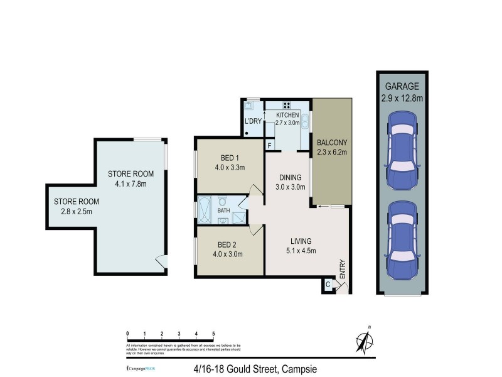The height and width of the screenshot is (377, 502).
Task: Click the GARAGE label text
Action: [x=402, y=86]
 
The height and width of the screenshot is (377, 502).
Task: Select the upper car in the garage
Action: [x=402, y=150]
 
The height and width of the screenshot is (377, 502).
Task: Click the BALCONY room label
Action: [x=332, y=142]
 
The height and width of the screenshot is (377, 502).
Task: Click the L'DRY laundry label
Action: [x=253, y=121]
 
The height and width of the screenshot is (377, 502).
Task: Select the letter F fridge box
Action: [x=269, y=146]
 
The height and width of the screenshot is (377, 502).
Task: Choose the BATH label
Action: [x=223, y=211]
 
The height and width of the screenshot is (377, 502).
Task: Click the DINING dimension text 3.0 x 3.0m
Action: [x=292, y=187]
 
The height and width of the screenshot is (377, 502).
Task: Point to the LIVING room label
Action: [x=301, y=241]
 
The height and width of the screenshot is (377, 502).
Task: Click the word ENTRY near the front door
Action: [x=342, y=269]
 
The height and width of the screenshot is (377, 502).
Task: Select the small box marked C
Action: [x=328, y=285]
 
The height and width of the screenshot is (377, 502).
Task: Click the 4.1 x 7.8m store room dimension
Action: [x=131, y=184]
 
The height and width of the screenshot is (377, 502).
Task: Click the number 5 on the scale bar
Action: [x=213, y=333]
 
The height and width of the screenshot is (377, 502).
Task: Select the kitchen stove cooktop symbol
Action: [x=287, y=105]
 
